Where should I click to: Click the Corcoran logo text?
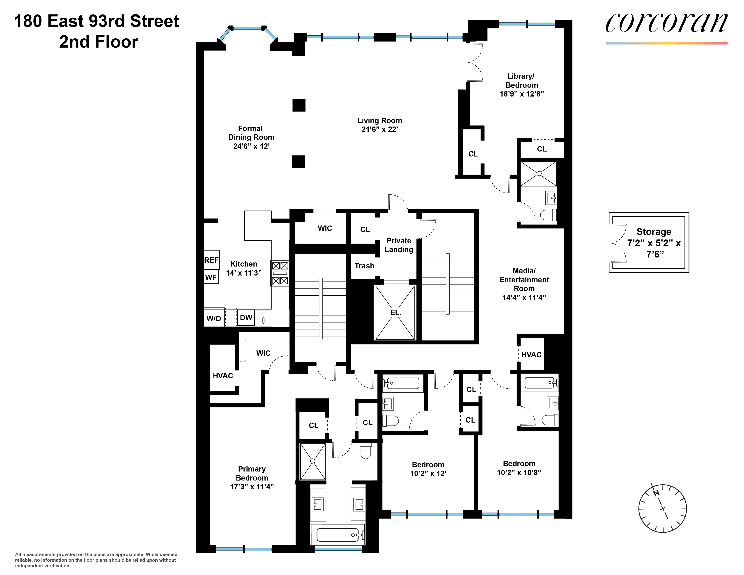[666, 23]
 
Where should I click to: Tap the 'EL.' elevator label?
[395, 312]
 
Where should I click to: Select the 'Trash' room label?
[364, 266]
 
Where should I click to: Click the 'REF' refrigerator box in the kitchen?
[211, 260]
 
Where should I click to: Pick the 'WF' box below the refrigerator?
[211, 277]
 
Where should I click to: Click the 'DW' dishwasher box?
[246, 317]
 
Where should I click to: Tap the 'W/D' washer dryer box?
[214, 318]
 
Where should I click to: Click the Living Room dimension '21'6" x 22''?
[379, 129]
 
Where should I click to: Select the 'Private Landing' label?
[399, 245]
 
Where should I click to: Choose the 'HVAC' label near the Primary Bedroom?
[223, 376]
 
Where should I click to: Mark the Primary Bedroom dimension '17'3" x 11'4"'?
[252, 487]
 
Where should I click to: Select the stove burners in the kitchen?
[280, 273]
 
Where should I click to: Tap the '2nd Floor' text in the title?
[99, 42]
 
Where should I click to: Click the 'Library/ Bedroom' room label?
[521, 81]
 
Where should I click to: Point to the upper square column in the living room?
[299, 105]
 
